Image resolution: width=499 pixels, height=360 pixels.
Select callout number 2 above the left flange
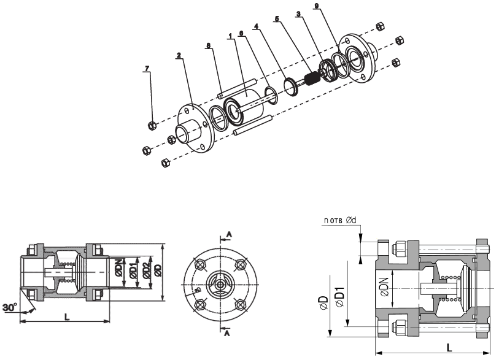click(178, 55)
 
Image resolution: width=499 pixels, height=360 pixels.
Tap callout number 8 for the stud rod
click(209, 45)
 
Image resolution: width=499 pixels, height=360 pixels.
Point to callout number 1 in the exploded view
click(230, 36)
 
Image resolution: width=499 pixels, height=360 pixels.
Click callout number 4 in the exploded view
click(256, 26)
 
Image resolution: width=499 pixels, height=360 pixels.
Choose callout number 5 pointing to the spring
click(276, 19)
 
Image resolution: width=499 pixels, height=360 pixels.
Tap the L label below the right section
click(450, 347)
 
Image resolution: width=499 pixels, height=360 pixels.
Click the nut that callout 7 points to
click(152, 126)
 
